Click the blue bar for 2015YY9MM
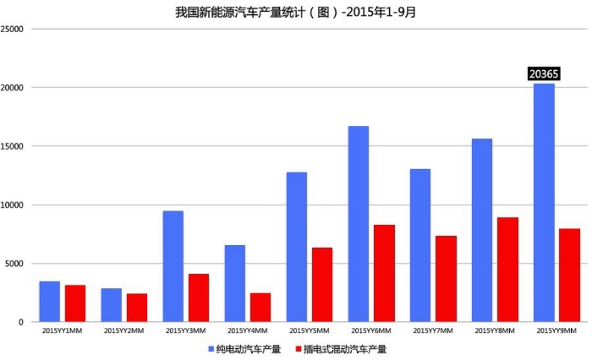pyautogui.click(x=544, y=203)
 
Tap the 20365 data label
pyautogui.click(x=544, y=74)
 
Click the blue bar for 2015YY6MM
pyautogui.click(x=359, y=224)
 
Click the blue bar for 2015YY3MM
pyautogui.click(x=173, y=266)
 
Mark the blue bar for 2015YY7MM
pyautogui.click(x=420, y=245)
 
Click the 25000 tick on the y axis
pyautogui.click(x=12, y=29)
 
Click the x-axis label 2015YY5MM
pyautogui.click(x=310, y=331)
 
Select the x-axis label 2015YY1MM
pyautogui.click(x=63, y=331)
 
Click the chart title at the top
pyautogui.click(x=295, y=11)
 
